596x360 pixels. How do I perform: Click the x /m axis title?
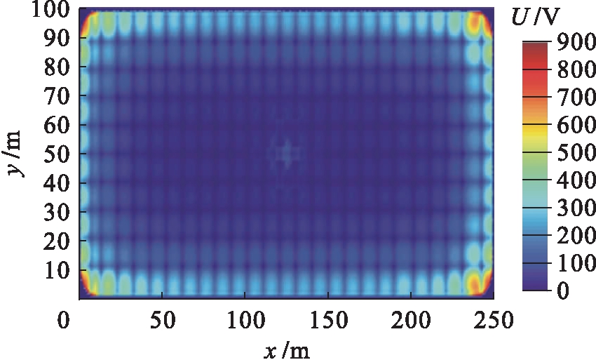click(x=287, y=349)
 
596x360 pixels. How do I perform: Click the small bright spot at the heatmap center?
click(x=286, y=154)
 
